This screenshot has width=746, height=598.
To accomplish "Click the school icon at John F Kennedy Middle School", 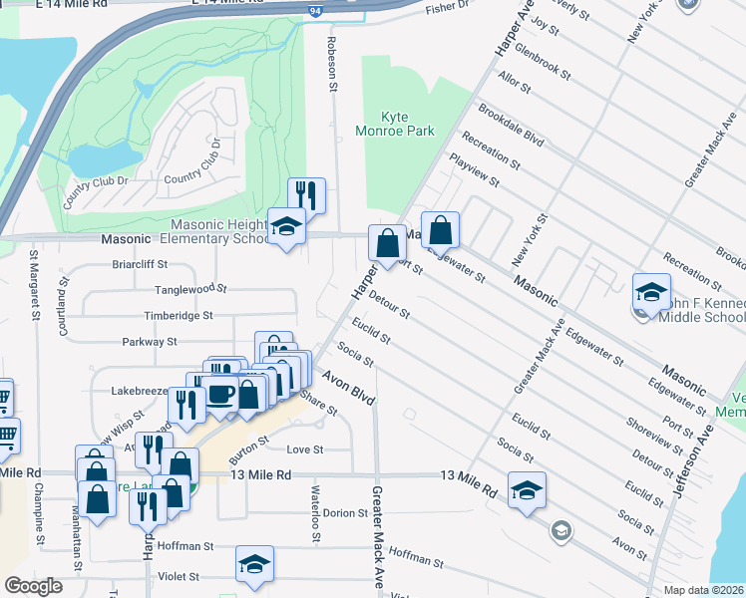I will coord(651,292).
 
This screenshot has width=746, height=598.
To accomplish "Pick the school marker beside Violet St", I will coord(255,564).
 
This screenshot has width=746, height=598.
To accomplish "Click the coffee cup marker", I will coord(220,394).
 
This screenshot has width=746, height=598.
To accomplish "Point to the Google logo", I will coord(34,586).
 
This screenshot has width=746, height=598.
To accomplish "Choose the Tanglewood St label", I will coord(190,289).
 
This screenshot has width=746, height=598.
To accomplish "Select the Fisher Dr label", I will coord(446,9).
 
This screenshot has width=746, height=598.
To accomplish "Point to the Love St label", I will coord(306,449).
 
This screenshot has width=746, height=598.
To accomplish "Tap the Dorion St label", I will coord(346,512).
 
